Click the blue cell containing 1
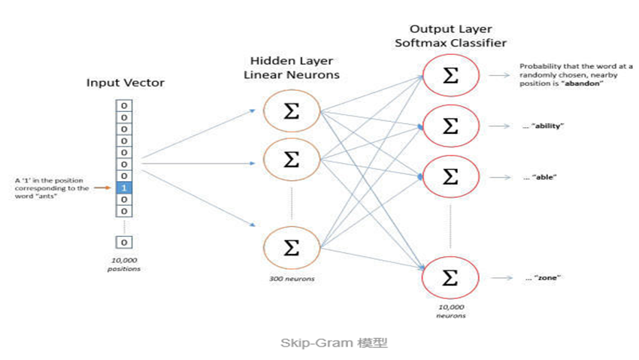tap(124, 188)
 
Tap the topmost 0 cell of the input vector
tap(124, 105)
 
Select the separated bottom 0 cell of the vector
tap(124, 242)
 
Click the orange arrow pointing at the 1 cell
tap(102, 188)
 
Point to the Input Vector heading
tap(126, 83)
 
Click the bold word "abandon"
tap(582, 83)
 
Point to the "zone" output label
tap(544, 278)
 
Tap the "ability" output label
tap(544, 126)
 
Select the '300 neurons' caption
tap(292, 279)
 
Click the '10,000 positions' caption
tap(124, 265)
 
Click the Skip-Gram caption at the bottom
tap(335, 343)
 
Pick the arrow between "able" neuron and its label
tap(500, 177)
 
